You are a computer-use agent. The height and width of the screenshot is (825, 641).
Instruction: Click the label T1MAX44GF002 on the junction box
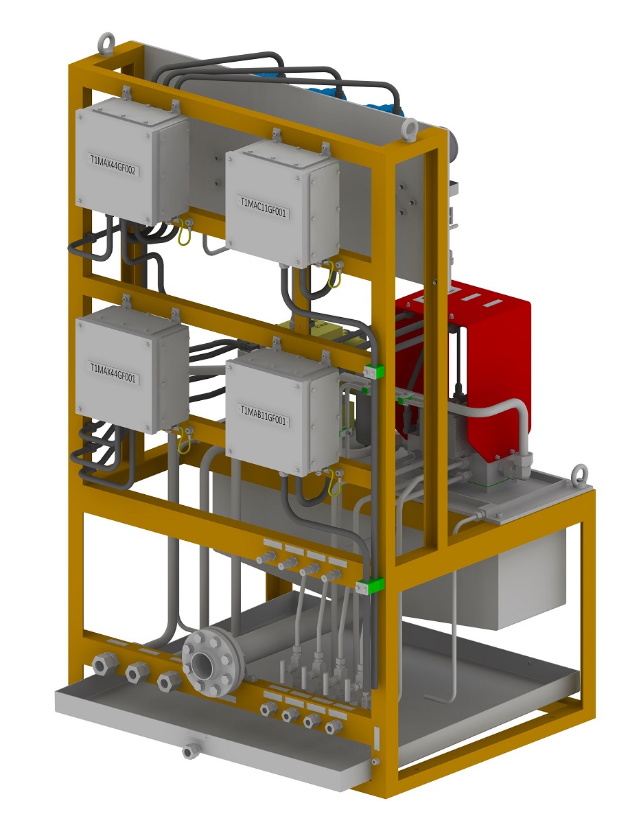click(x=113, y=165)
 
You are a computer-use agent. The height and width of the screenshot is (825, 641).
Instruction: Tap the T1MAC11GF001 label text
click(x=264, y=207)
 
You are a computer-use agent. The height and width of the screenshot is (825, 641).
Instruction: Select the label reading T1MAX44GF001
click(x=113, y=373)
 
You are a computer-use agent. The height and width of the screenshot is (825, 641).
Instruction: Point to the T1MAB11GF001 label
click(x=264, y=415)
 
